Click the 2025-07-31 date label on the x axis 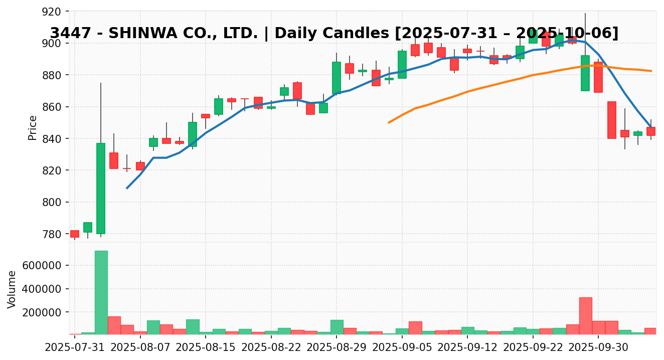pos(75,346)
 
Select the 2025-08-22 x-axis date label pos(271,346)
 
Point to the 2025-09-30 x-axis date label pos(598,346)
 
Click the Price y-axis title pos(33,127)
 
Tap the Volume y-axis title pos(12,289)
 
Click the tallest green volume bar pos(101,292)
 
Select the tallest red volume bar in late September pos(585,316)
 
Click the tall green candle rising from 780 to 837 pos(101,189)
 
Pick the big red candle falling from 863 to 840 pos(611,120)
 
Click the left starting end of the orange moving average pos(389,122)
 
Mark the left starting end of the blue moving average pos(127,188)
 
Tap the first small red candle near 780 pos(75,234)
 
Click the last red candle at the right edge pos(650,131)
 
